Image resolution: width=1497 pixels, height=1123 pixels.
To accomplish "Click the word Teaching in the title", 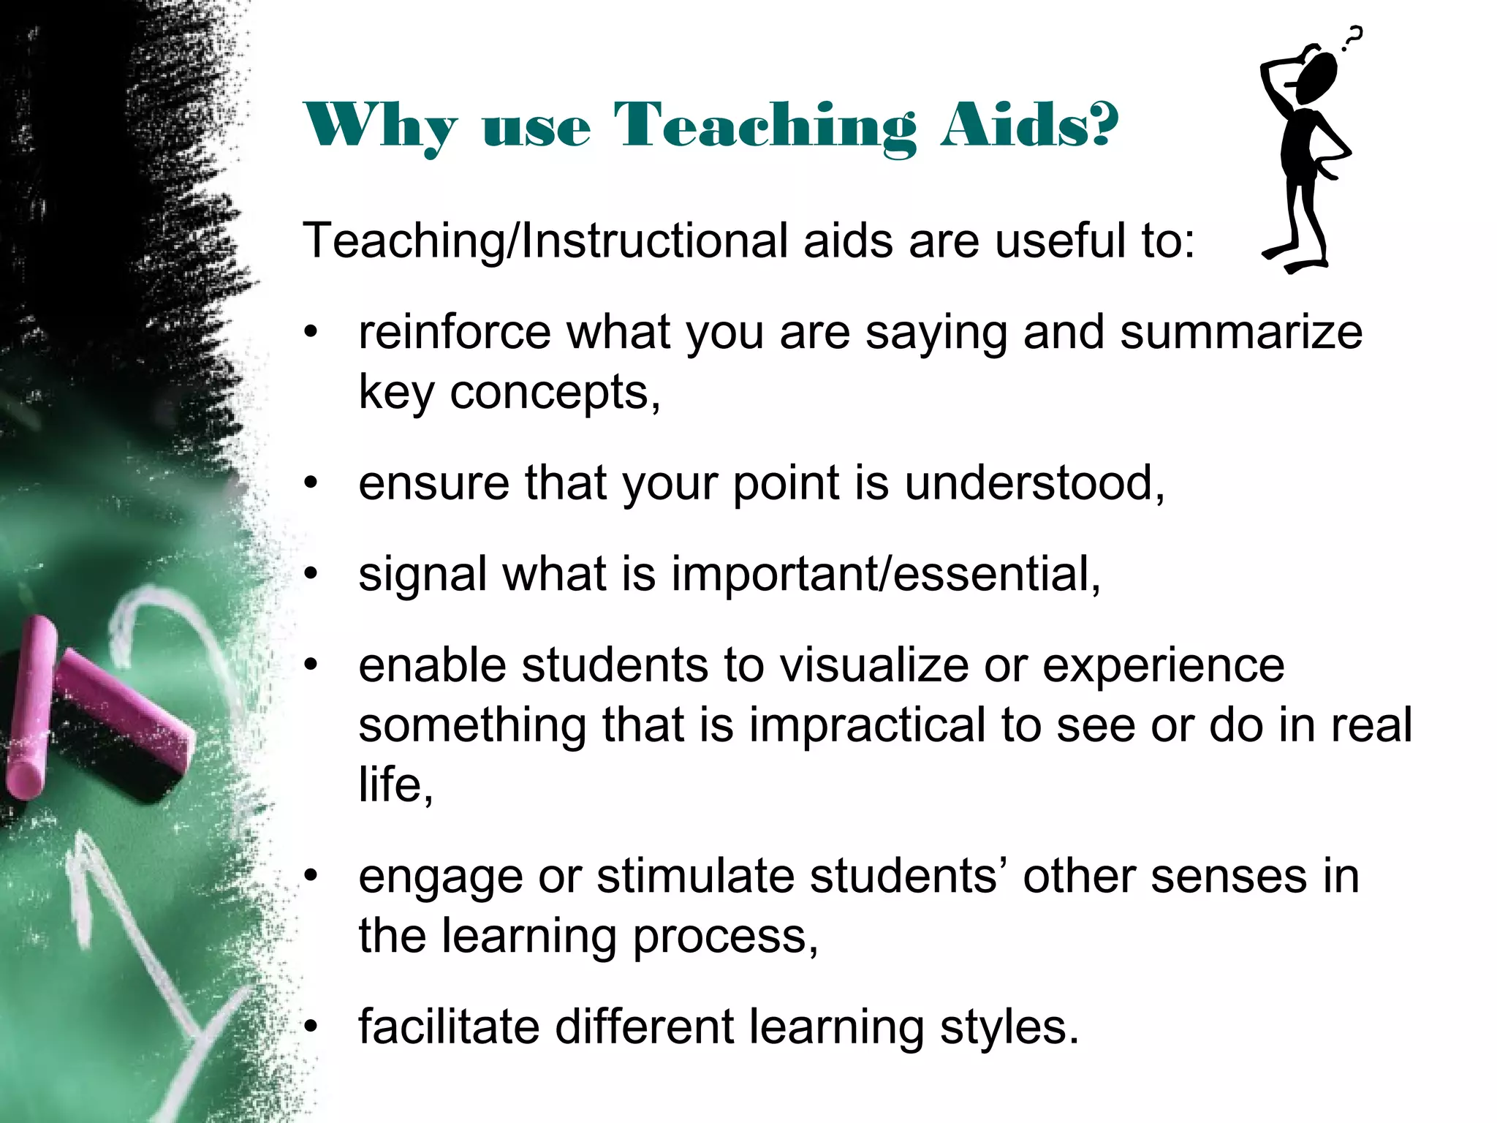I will click(x=764, y=126).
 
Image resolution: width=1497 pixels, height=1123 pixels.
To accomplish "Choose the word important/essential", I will click(x=885, y=574).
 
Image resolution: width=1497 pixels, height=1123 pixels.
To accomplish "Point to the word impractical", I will click(x=867, y=725).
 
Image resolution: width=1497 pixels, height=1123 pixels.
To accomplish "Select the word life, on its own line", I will click(x=395, y=785).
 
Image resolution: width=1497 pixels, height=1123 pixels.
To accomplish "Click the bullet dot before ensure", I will click(x=312, y=485).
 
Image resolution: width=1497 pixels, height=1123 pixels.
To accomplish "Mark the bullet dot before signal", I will click(x=312, y=575).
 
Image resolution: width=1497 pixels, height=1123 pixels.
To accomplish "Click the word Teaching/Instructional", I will click(x=545, y=241).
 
